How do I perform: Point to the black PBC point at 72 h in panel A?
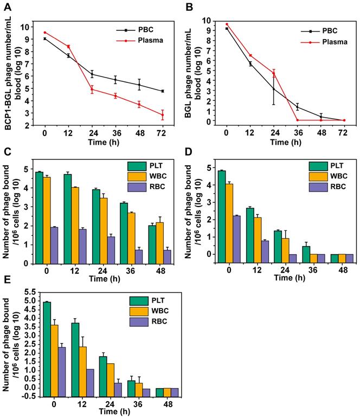(163, 91)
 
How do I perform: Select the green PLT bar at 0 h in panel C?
(40, 217)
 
